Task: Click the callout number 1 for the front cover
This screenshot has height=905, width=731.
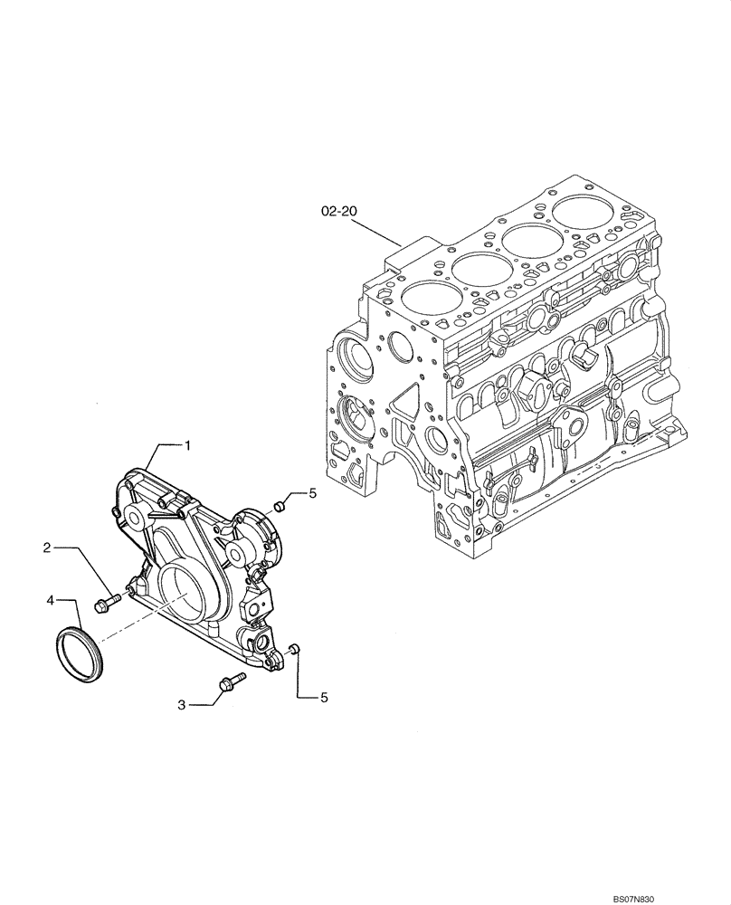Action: pos(187,444)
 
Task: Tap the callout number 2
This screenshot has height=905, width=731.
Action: pos(45,547)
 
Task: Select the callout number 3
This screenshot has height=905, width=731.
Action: pos(182,704)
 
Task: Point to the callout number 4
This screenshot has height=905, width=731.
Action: pos(52,599)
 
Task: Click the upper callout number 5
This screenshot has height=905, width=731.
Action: pos(313,493)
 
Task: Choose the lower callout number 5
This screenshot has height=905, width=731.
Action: pos(313,697)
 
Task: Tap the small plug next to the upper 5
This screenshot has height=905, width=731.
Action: pos(280,505)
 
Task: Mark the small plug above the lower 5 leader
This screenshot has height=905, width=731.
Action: pos(294,649)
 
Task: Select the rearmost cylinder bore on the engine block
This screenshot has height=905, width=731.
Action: pos(581,214)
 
